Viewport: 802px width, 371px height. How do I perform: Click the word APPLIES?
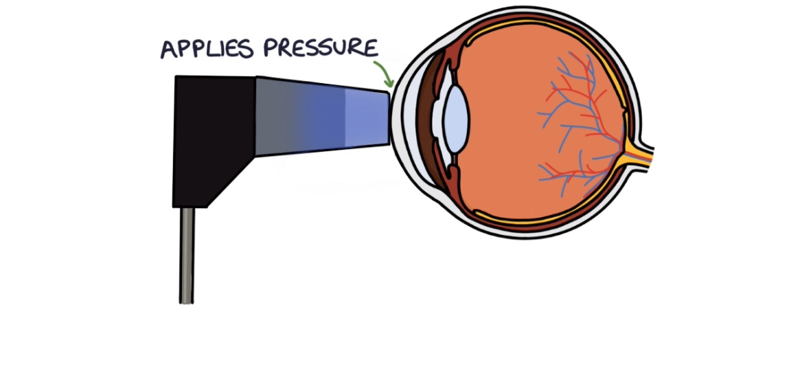203,49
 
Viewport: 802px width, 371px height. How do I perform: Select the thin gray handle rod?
187,254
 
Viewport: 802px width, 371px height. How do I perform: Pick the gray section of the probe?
278,115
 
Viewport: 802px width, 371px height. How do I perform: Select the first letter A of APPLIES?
168,49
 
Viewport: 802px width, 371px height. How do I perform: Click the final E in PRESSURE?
371,47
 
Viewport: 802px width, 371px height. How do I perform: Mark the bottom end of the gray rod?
187,300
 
